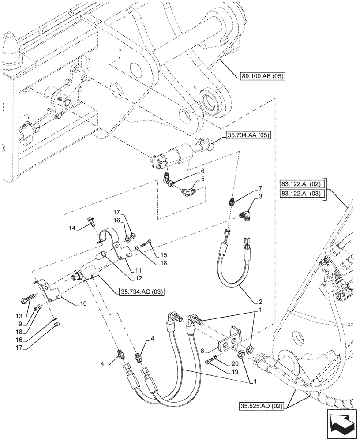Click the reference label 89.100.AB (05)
coord(262,76)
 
